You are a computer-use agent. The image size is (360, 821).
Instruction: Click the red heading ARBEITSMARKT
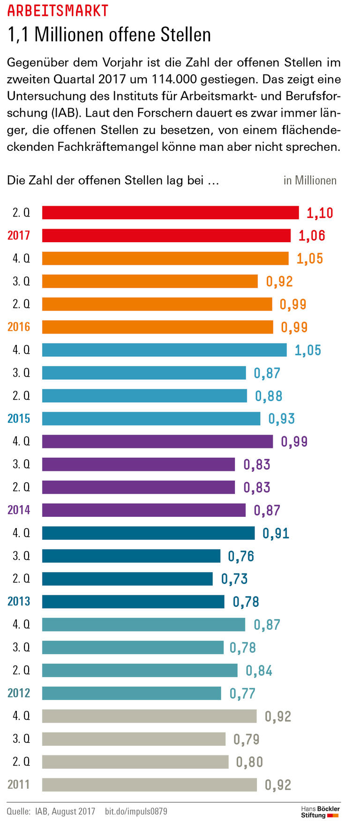pyautogui.click(x=58, y=10)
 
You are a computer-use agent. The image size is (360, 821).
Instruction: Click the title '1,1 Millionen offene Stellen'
pyautogui.click(x=109, y=35)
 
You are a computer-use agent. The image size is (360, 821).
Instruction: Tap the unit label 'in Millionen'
pyautogui.click(x=309, y=180)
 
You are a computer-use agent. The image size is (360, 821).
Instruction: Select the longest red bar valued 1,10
pyautogui.click(x=170, y=213)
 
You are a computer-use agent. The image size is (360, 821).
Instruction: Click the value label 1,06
pyautogui.click(x=311, y=236)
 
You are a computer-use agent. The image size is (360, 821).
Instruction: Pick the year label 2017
pyautogui.click(x=19, y=235)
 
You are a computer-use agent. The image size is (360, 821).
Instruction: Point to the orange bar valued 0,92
pyautogui.click(x=150, y=281)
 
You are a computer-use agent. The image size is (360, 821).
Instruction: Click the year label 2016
pyautogui.click(x=19, y=327)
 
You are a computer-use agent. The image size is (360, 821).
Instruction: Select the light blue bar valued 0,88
pyautogui.click(x=144, y=396)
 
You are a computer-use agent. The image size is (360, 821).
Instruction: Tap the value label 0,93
pyautogui.click(x=281, y=419)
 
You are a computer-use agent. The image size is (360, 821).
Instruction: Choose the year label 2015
pyautogui.click(x=19, y=418)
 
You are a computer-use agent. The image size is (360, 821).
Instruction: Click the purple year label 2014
pyautogui.click(x=19, y=510)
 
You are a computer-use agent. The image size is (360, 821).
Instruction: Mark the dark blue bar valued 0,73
pyautogui.click(x=127, y=579)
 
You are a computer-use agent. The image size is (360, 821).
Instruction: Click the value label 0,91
pyautogui.click(x=276, y=533)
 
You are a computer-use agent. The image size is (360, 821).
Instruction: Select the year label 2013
pyautogui.click(x=19, y=601)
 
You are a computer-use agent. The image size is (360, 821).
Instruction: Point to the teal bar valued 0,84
pyautogui.click(x=140, y=671)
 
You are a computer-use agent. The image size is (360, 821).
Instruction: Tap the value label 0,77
pyautogui.click(x=242, y=694)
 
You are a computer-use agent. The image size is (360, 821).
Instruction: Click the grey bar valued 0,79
pyautogui.click(x=134, y=739)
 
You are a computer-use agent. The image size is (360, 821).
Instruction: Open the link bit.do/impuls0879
pyautogui.click(x=135, y=811)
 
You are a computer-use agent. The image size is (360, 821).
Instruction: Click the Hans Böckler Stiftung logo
pyautogui.click(x=320, y=812)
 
